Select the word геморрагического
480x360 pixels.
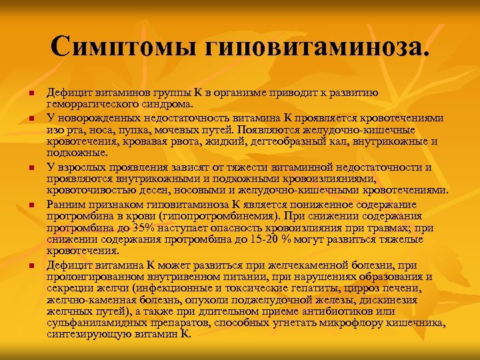point(93,103)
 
